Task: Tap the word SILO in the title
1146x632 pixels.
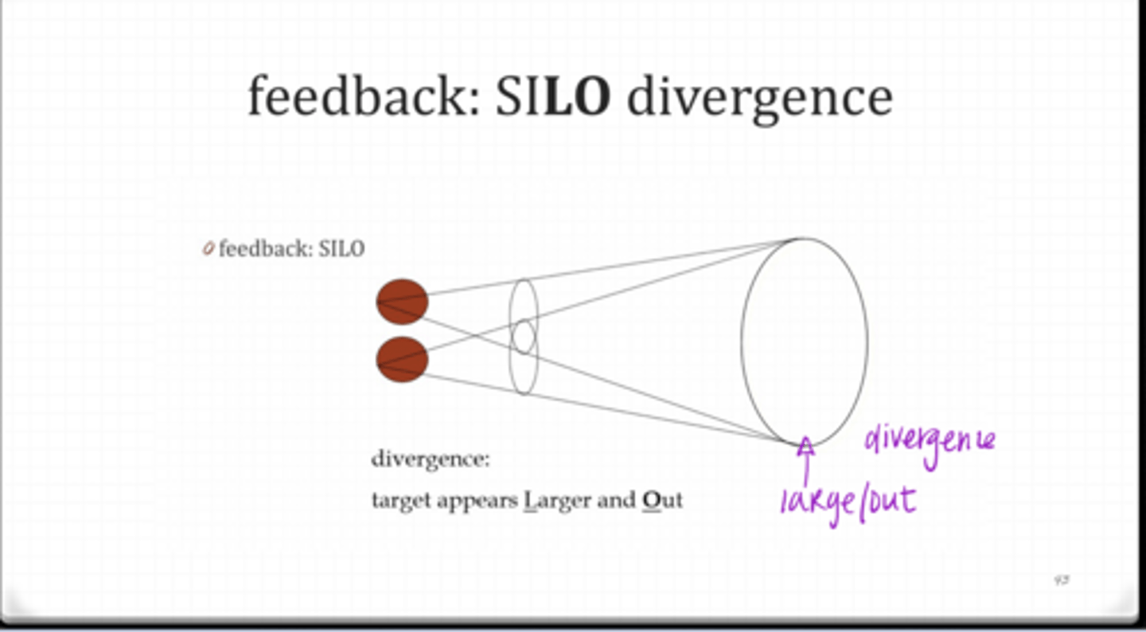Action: click(553, 96)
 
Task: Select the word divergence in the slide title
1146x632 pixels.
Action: click(759, 96)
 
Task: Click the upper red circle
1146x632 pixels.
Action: click(402, 302)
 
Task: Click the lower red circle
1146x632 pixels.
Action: click(402, 359)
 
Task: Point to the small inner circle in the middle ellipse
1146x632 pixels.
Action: click(523, 336)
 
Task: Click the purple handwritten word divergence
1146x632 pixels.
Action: click(929, 440)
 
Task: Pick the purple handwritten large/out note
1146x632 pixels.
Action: click(848, 503)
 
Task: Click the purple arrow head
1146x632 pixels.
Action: click(806, 446)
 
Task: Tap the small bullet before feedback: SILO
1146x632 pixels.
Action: click(209, 249)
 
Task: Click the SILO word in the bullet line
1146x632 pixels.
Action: click(341, 249)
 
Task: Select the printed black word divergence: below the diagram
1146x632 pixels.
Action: click(431, 460)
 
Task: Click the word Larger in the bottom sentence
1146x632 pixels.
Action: click(557, 501)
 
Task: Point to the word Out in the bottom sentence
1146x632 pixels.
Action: click(662, 501)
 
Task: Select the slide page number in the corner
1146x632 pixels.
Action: click(1061, 581)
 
